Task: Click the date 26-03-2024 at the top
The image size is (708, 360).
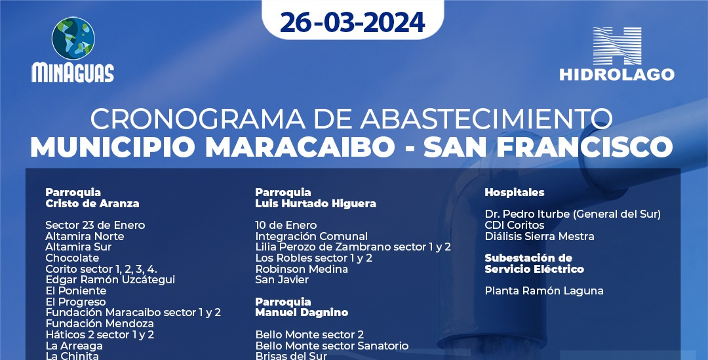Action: (x=352, y=22)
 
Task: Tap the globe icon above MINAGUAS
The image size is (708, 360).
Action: (x=73, y=39)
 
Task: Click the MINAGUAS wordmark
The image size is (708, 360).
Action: (x=73, y=73)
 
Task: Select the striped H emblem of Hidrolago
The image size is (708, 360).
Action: (x=617, y=46)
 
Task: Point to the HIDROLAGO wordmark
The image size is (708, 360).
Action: (x=617, y=75)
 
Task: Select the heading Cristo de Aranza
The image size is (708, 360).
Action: (x=92, y=204)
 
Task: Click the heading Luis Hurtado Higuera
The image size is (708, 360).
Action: (x=315, y=204)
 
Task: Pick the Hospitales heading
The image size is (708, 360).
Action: (x=515, y=192)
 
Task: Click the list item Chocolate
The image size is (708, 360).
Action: (x=72, y=258)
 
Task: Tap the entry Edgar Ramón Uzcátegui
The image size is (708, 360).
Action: (x=110, y=279)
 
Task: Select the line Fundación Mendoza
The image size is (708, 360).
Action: (x=100, y=323)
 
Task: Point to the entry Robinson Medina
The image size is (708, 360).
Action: (x=302, y=269)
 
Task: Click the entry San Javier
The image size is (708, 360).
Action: (x=282, y=280)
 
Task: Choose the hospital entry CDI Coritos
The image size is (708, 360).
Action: (x=515, y=225)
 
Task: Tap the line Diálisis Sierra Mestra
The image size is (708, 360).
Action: (x=540, y=236)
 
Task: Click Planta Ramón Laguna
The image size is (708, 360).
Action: (x=544, y=291)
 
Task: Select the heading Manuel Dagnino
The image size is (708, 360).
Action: (x=302, y=313)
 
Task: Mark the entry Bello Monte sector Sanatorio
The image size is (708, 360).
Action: (x=332, y=346)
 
